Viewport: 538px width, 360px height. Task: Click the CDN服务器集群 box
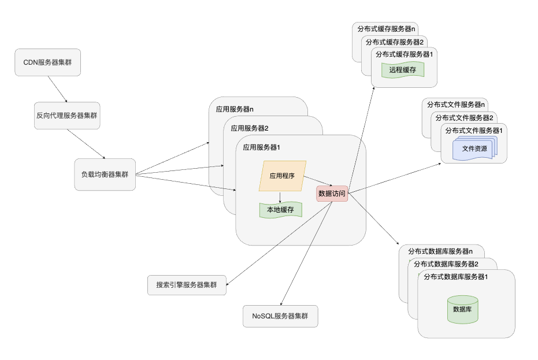(47, 62)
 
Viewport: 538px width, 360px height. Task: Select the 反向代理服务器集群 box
(66, 116)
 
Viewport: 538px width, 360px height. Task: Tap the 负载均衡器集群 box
(105, 174)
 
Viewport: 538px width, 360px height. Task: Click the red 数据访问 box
(332, 194)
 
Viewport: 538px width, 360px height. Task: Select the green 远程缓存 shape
(403, 70)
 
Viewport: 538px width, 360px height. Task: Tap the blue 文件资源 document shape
(474, 149)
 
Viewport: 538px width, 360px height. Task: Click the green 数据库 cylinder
(463, 309)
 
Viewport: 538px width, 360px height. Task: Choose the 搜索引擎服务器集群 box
(187, 285)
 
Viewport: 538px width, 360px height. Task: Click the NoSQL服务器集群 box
(280, 316)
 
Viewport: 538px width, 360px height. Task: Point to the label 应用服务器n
(235, 108)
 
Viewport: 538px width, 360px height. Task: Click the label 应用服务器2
(250, 128)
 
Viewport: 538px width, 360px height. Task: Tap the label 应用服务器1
(262, 147)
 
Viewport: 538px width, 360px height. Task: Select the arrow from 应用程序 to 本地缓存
(280, 197)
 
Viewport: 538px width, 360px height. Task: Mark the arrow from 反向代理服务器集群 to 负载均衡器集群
(86, 144)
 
